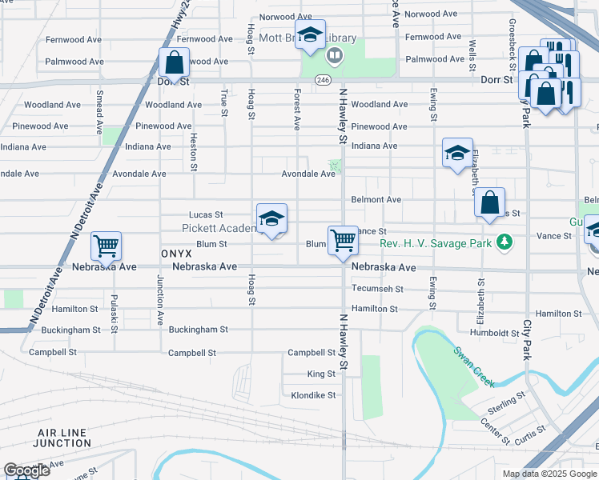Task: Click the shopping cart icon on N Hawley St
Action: point(343,239)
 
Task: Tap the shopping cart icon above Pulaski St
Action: point(106,246)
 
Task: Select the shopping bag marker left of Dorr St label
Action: point(174,62)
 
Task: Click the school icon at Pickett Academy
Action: point(271,218)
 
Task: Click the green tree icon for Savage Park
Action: point(504,242)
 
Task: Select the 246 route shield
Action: point(323,81)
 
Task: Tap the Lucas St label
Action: point(205,214)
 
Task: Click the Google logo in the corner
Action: point(26,470)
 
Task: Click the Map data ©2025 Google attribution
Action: point(549,474)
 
